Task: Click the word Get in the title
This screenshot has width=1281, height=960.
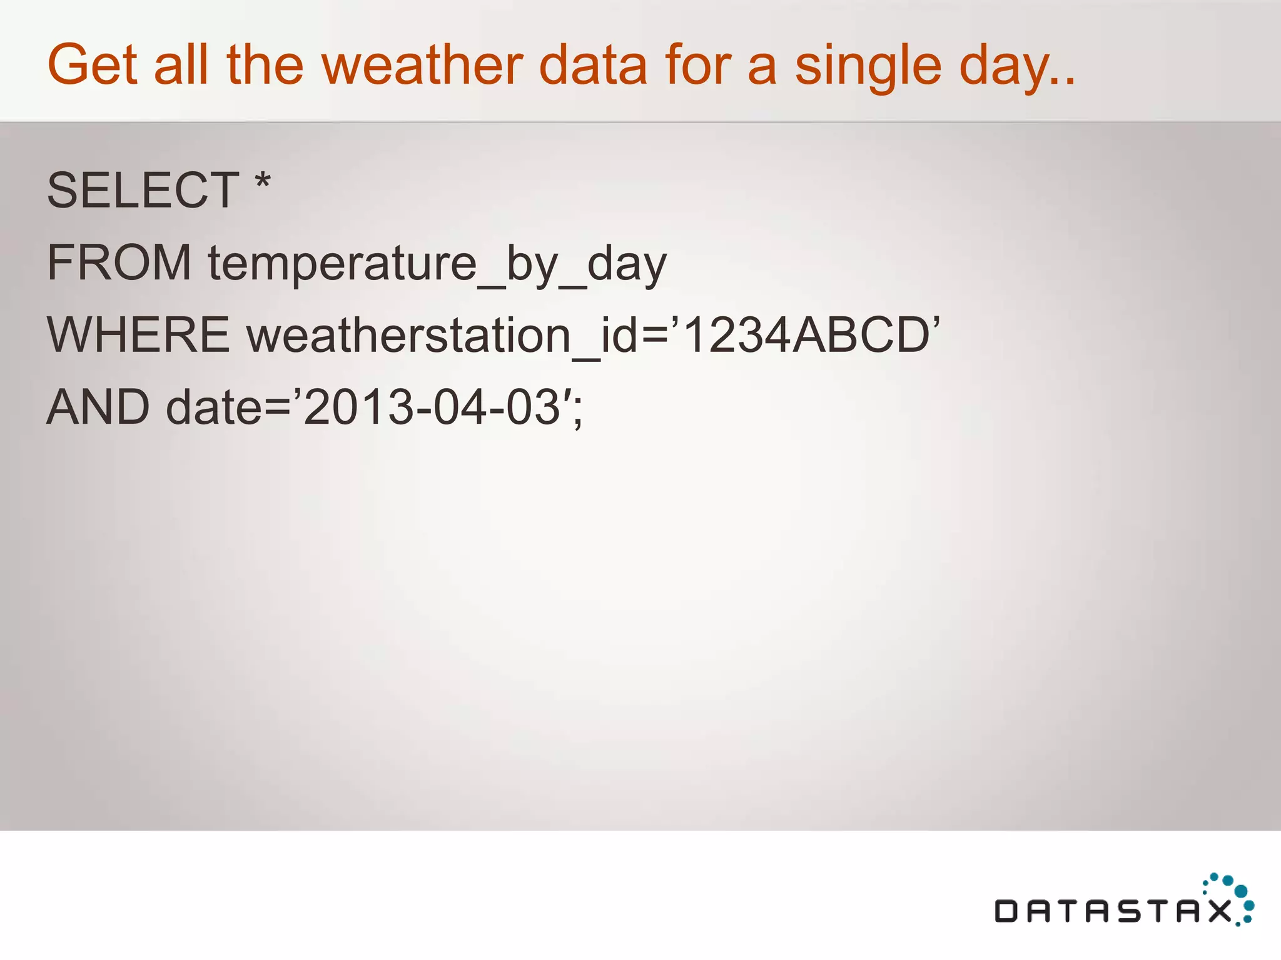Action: [92, 65]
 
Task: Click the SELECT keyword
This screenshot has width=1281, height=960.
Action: [143, 191]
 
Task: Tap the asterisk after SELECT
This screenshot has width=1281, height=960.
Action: [263, 182]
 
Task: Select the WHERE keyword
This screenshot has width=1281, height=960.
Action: [138, 335]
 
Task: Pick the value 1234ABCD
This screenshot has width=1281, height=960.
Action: [807, 335]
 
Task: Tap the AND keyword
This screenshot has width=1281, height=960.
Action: [98, 407]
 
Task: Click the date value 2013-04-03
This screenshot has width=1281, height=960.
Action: [432, 407]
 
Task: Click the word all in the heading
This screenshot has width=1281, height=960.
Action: [181, 65]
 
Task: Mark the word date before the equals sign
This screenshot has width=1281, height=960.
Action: [213, 407]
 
